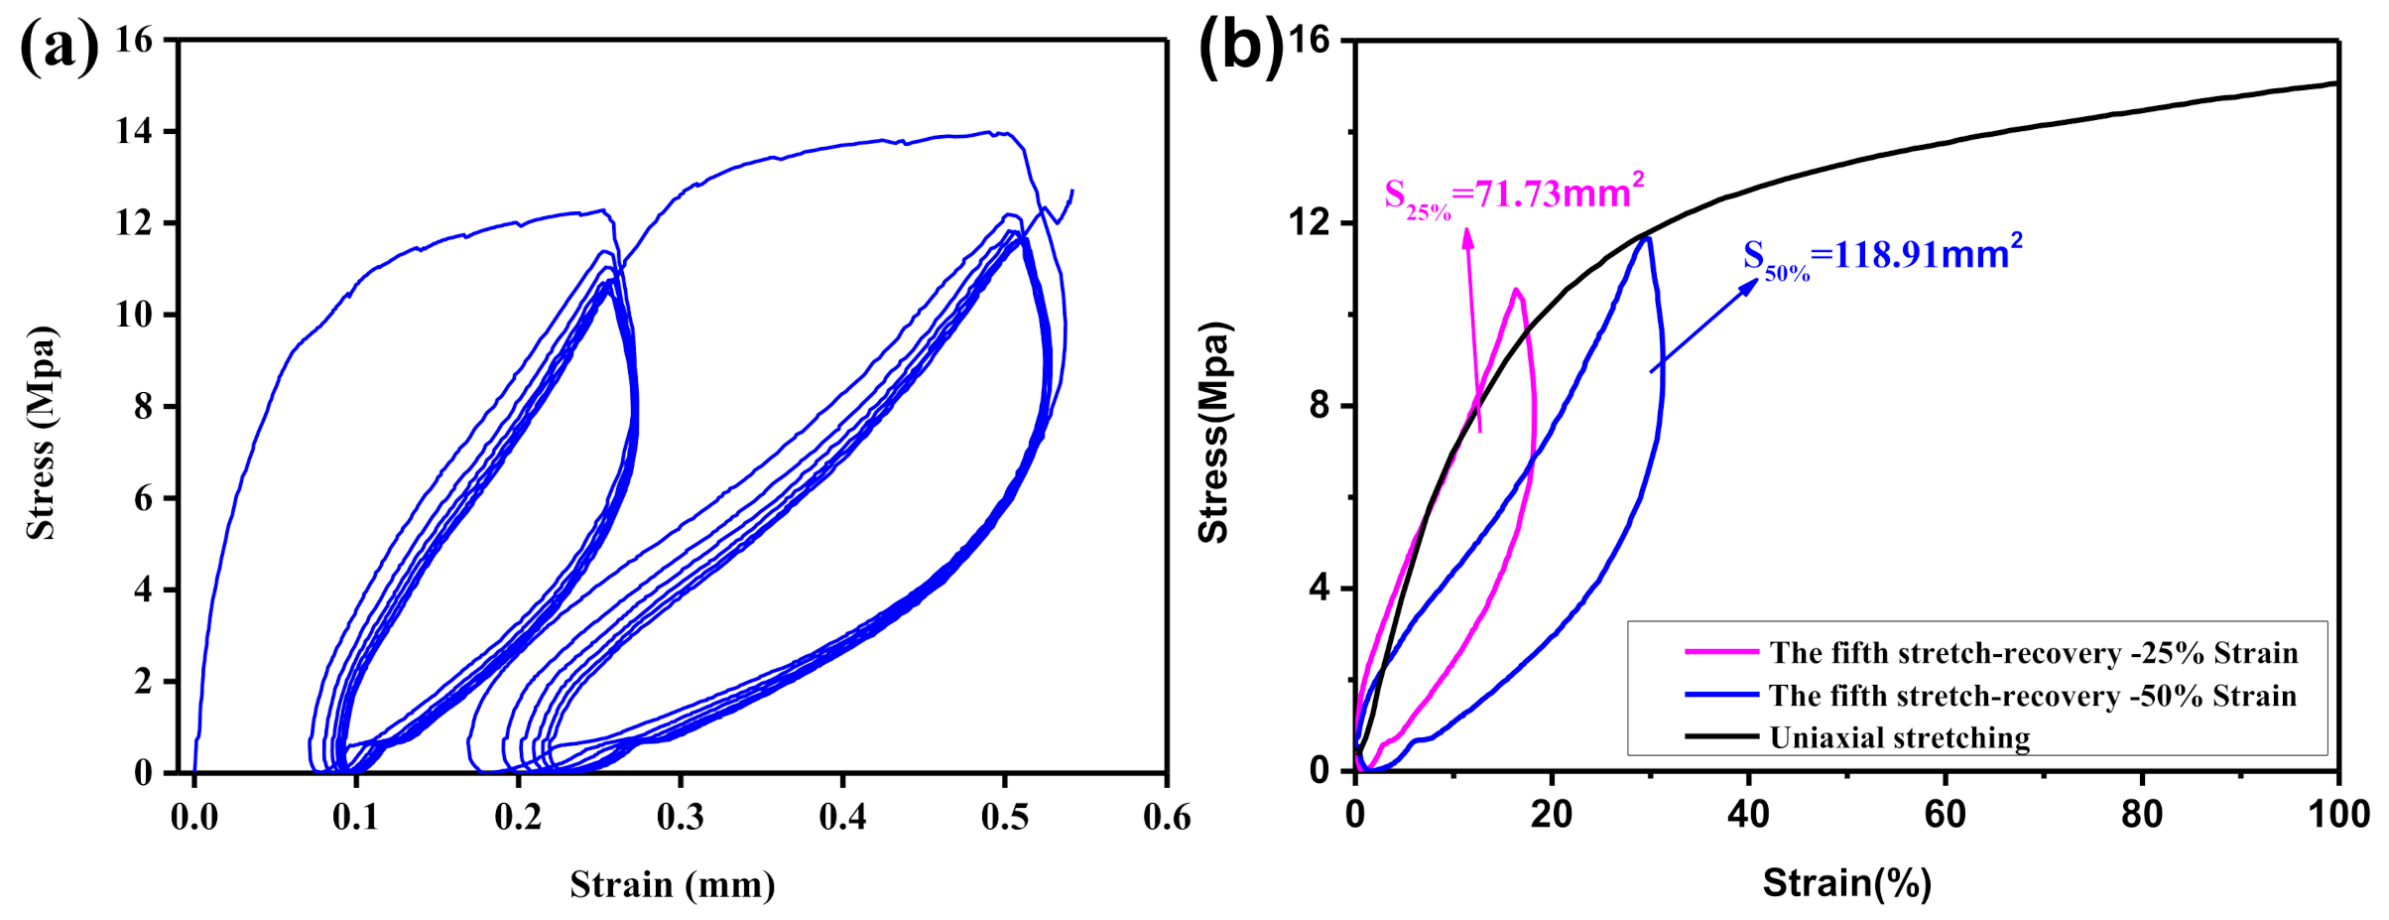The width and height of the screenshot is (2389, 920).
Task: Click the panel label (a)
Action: tap(60, 46)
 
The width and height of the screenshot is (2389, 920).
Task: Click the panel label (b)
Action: tap(1240, 46)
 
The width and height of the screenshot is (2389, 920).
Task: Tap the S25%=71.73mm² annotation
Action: tap(1514, 195)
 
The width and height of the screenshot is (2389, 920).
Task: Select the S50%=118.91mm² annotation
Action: tap(1882, 256)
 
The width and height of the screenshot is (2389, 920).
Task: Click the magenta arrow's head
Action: tap(1467, 235)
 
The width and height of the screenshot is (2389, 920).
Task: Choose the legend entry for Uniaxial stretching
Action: tap(1899, 737)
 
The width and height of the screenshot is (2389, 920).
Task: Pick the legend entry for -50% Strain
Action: tap(2032, 696)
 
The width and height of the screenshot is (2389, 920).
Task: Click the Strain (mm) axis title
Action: tap(672, 884)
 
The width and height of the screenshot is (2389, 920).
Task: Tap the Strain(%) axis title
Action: tap(1846, 882)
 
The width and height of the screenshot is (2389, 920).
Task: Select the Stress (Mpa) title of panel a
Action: tap(42, 433)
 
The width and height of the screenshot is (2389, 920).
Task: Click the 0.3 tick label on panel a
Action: tap(680, 818)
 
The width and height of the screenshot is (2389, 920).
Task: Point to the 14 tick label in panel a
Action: tap(134, 131)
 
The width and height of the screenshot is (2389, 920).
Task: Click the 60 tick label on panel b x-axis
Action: tap(1945, 815)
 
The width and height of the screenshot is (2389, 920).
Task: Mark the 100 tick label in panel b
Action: tap(2338, 815)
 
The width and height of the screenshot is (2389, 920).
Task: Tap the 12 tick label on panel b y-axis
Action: tap(1310, 222)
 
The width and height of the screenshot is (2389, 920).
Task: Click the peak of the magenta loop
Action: tap(1515, 290)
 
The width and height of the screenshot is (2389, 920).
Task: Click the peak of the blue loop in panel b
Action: tap(1648, 237)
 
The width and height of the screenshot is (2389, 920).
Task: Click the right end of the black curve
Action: tap(2336, 83)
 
